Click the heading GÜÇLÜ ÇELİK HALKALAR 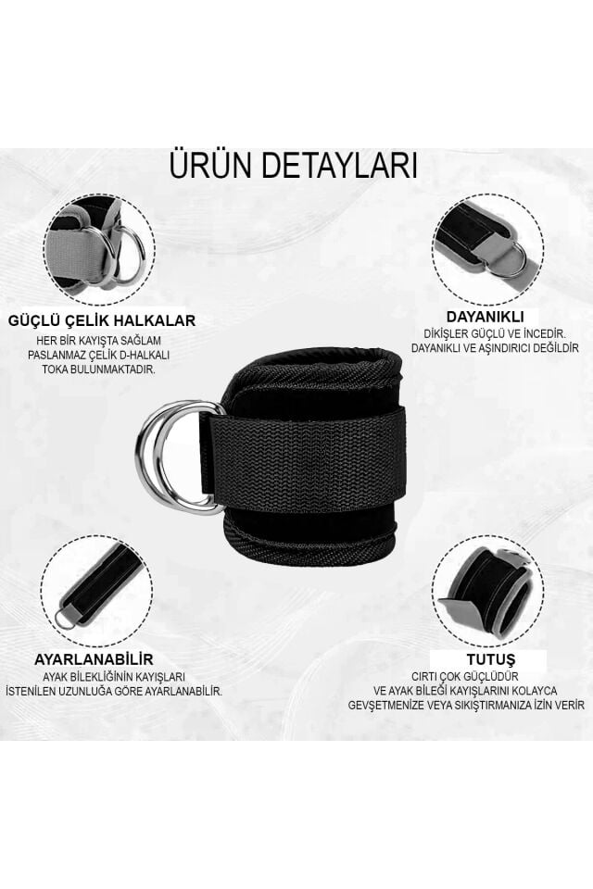(x=102, y=321)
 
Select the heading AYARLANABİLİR (x=94, y=658)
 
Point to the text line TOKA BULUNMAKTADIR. (x=99, y=369)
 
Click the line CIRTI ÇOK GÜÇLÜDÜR (x=479, y=677)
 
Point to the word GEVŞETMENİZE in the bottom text (x=416, y=705)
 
